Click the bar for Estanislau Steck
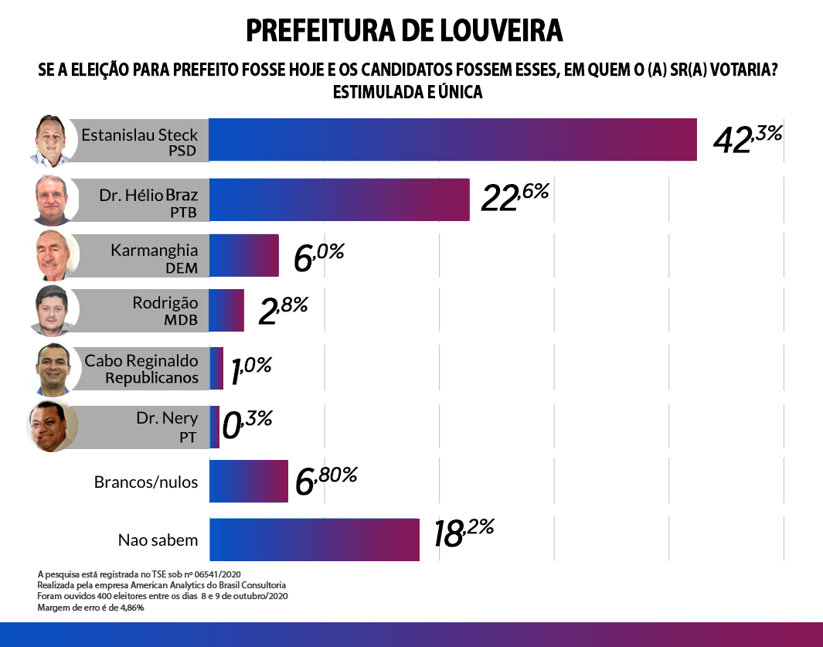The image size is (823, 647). [453, 140]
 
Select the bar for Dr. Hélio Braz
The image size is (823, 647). [339, 199]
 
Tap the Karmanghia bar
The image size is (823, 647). [243, 256]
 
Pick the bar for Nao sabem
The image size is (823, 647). [315, 540]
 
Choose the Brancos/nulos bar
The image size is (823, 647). [249, 482]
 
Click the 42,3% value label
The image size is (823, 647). [747, 139]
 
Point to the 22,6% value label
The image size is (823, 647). [514, 198]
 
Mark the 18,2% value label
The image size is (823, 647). [463, 533]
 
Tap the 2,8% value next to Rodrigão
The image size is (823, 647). [283, 310]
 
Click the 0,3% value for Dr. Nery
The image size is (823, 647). [247, 424]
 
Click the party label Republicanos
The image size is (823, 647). [151, 378]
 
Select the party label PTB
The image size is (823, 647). [183, 212]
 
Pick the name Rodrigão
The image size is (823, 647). [165, 303]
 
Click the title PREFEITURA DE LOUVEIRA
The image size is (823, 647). [404, 31]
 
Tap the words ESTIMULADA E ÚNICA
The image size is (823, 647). [407, 92]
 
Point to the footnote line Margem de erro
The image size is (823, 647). [91, 608]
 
